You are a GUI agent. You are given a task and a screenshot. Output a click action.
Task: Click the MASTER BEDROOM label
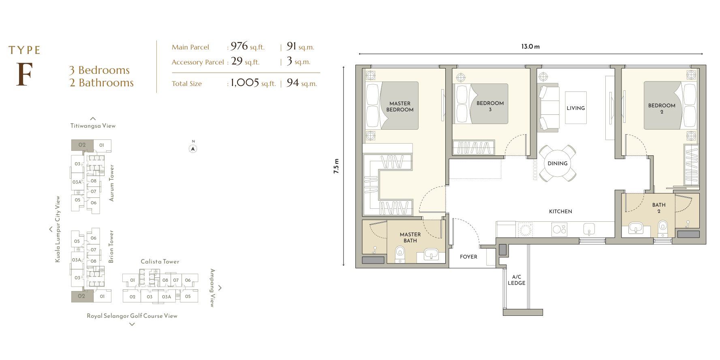pos(400,107)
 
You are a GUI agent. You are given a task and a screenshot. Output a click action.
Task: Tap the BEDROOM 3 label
pos(490,106)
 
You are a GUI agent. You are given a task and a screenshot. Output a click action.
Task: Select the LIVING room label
pos(576,108)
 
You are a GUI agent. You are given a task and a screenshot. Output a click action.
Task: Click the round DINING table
pos(558,163)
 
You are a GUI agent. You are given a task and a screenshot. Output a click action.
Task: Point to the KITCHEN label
pos(561,212)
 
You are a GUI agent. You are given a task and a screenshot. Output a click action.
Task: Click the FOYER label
pos(468,257)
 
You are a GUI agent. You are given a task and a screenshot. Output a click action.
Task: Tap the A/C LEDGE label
pos(517,280)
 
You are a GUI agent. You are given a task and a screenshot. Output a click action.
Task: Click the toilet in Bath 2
pos(663,228)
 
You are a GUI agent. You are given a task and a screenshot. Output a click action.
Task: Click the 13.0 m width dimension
pos(530,47)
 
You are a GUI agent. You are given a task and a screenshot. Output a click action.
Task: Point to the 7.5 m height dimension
pos(336,166)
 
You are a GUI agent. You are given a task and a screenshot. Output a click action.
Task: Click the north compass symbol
pos(193,149)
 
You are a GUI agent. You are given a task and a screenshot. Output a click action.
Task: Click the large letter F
pos(24,74)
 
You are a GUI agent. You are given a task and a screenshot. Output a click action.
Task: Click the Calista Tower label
pos(160,261)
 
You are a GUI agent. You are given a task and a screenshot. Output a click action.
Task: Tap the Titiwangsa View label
pos(93,126)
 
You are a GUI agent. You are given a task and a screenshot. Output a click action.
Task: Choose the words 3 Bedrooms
pos(99,70)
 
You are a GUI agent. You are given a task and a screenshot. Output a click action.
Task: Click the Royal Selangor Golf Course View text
pos(132,316)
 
